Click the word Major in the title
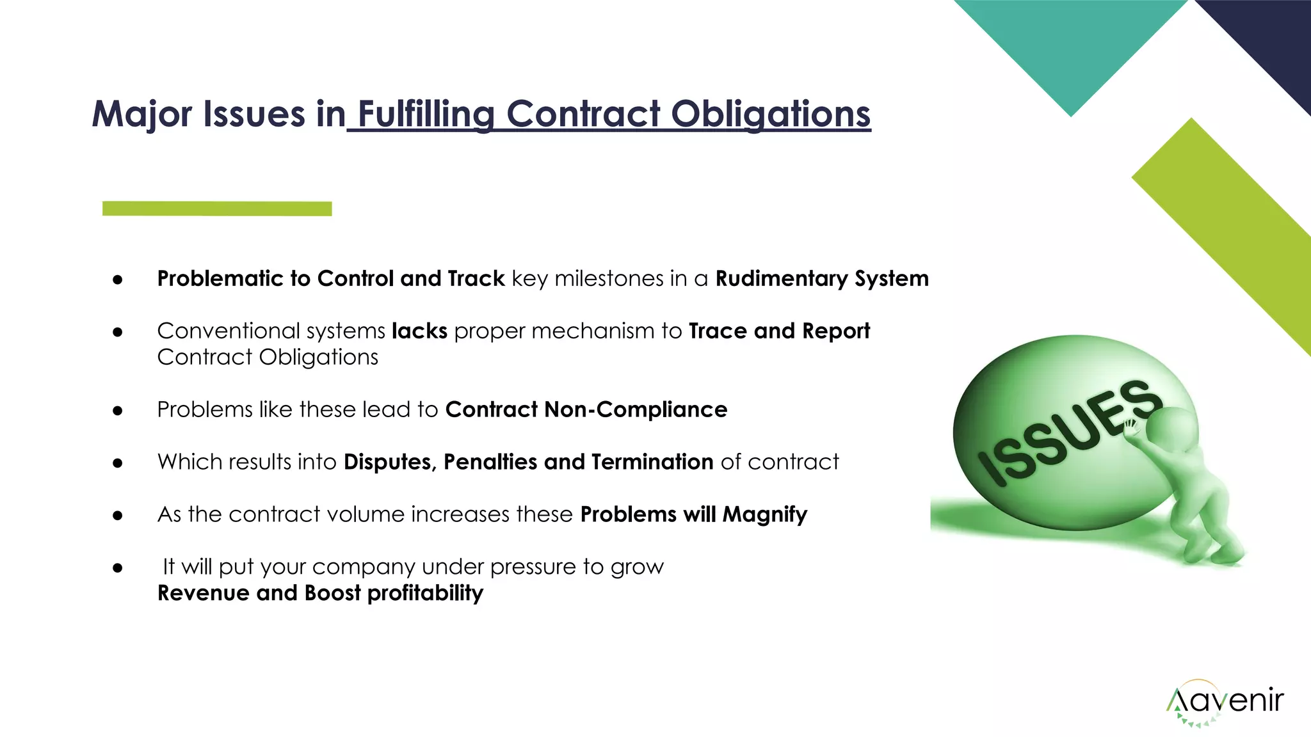(142, 114)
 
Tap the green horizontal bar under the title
(217, 209)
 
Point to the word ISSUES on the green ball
(1070, 432)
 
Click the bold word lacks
(419, 331)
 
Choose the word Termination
(652, 462)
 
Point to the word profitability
(425, 593)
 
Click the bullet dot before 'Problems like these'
(117, 411)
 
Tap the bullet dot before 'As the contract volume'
(117, 516)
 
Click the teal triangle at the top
(1070, 45)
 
